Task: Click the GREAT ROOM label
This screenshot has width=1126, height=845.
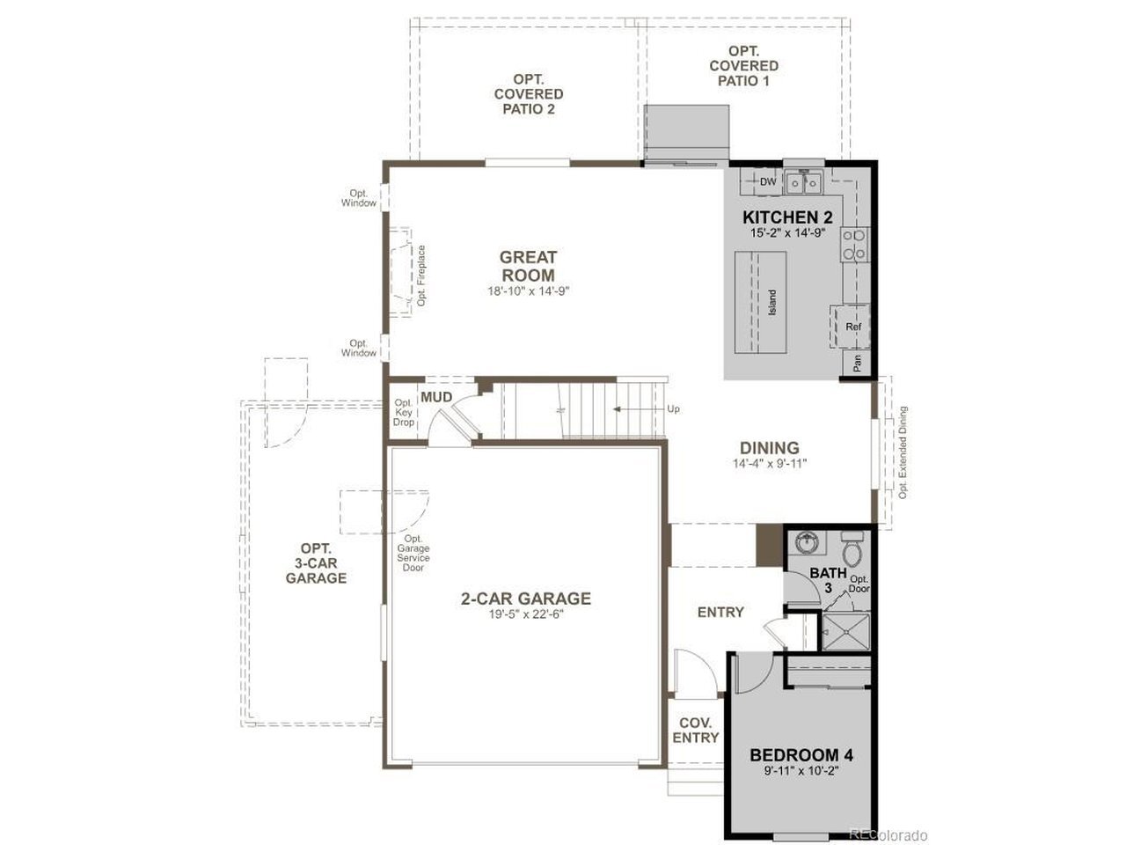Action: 528,266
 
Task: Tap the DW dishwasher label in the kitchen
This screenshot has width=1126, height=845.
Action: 767,181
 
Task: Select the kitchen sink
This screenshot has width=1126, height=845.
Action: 804,183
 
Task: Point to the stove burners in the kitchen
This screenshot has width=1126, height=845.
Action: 854,245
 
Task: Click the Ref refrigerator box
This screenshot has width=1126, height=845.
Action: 853,327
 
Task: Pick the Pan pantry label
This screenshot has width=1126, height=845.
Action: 857,364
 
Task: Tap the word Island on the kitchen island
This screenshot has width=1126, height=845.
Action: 772,302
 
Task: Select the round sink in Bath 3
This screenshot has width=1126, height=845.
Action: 807,543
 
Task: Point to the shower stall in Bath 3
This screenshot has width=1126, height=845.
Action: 846,632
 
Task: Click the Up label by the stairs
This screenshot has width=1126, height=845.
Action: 673,409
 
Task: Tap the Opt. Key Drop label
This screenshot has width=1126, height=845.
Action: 404,413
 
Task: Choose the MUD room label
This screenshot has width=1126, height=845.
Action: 436,397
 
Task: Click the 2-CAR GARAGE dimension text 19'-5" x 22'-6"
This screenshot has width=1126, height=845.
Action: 526,614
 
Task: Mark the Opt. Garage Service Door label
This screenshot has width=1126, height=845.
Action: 413,553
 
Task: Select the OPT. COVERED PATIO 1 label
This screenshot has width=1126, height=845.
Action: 743,66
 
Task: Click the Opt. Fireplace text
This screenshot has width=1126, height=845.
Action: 421,276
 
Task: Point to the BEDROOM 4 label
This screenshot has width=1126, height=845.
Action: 801,754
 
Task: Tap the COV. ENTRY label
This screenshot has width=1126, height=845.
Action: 696,730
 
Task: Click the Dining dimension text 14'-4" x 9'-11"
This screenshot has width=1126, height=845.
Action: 770,463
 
